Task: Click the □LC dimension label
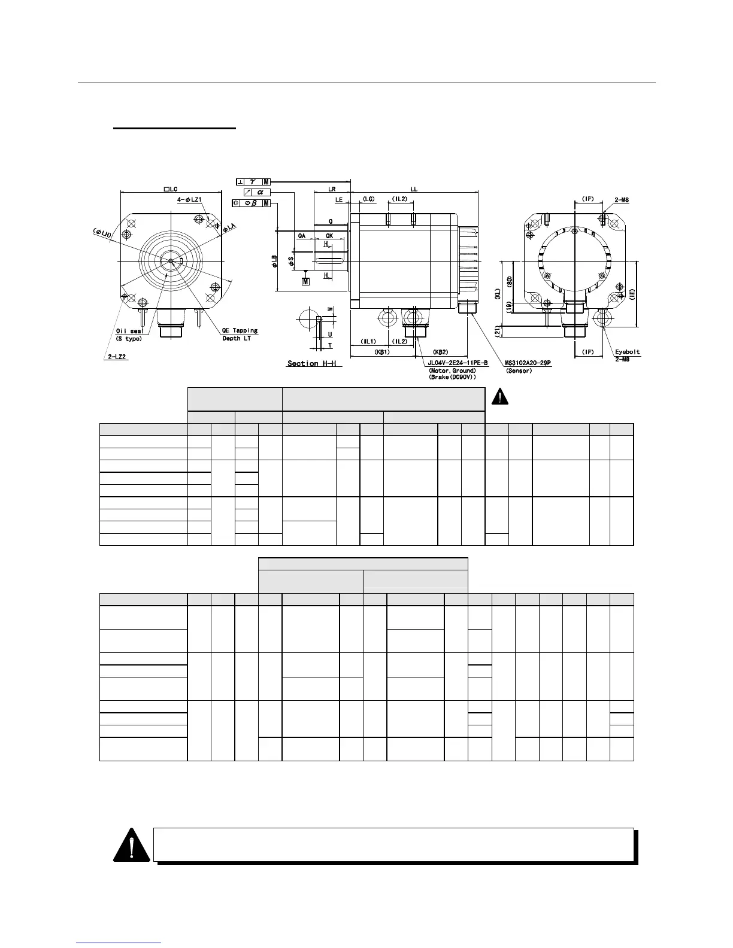pos(170,189)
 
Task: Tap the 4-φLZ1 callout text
pos(188,199)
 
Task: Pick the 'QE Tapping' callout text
pos(240,330)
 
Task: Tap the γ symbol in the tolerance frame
pos(252,181)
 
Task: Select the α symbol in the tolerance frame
pos(260,192)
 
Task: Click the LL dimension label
pos(413,189)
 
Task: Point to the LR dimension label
pos(332,189)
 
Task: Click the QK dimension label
pos(329,236)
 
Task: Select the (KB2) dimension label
pos(441,352)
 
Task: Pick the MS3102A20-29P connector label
pos(528,363)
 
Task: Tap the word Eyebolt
pos(627,352)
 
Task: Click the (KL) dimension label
pos(497,294)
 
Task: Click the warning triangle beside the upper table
pos(499,396)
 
